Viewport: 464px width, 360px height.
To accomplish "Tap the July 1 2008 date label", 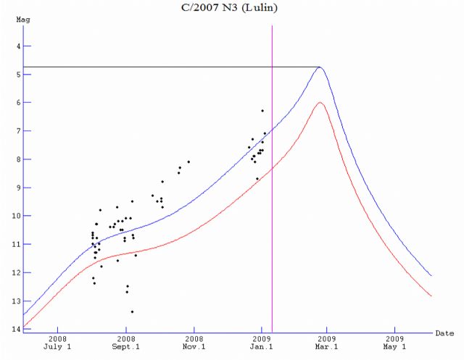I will coord(57,343).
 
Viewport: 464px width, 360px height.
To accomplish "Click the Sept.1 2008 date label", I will coord(125,343).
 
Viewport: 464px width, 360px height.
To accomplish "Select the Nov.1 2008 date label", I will coord(194,343).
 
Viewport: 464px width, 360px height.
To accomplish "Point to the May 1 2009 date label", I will coord(394,343).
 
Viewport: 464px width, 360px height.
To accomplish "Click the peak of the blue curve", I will coord(320,67).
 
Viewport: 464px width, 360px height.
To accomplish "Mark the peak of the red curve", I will coord(320,103).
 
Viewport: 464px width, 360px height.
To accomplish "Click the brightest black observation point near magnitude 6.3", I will coord(262,111).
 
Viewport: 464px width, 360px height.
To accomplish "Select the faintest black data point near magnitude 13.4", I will coord(132,311).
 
